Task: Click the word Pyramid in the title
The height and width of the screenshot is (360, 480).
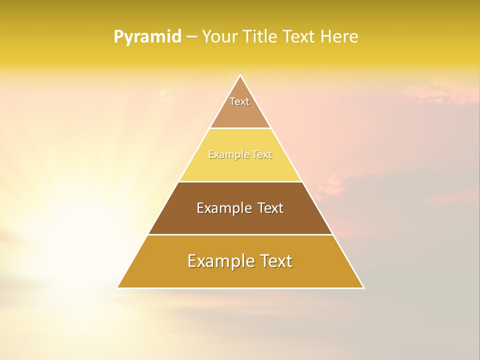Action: pyautogui.click(x=147, y=37)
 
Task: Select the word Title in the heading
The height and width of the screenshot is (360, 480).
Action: pyautogui.click(x=260, y=37)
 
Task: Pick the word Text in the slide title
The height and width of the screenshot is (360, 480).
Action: pyautogui.click(x=301, y=37)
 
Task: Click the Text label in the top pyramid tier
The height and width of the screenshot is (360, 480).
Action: pyautogui.click(x=239, y=101)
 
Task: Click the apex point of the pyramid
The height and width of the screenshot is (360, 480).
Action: pyautogui.click(x=240, y=75)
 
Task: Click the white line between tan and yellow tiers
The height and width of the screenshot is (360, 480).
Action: pyautogui.click(x=240, y=128)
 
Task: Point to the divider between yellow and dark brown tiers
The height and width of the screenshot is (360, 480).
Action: pyautogui.click(x=240, y=181)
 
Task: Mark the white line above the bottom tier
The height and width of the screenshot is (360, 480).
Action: pyautogui.click(x=240, y=234)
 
